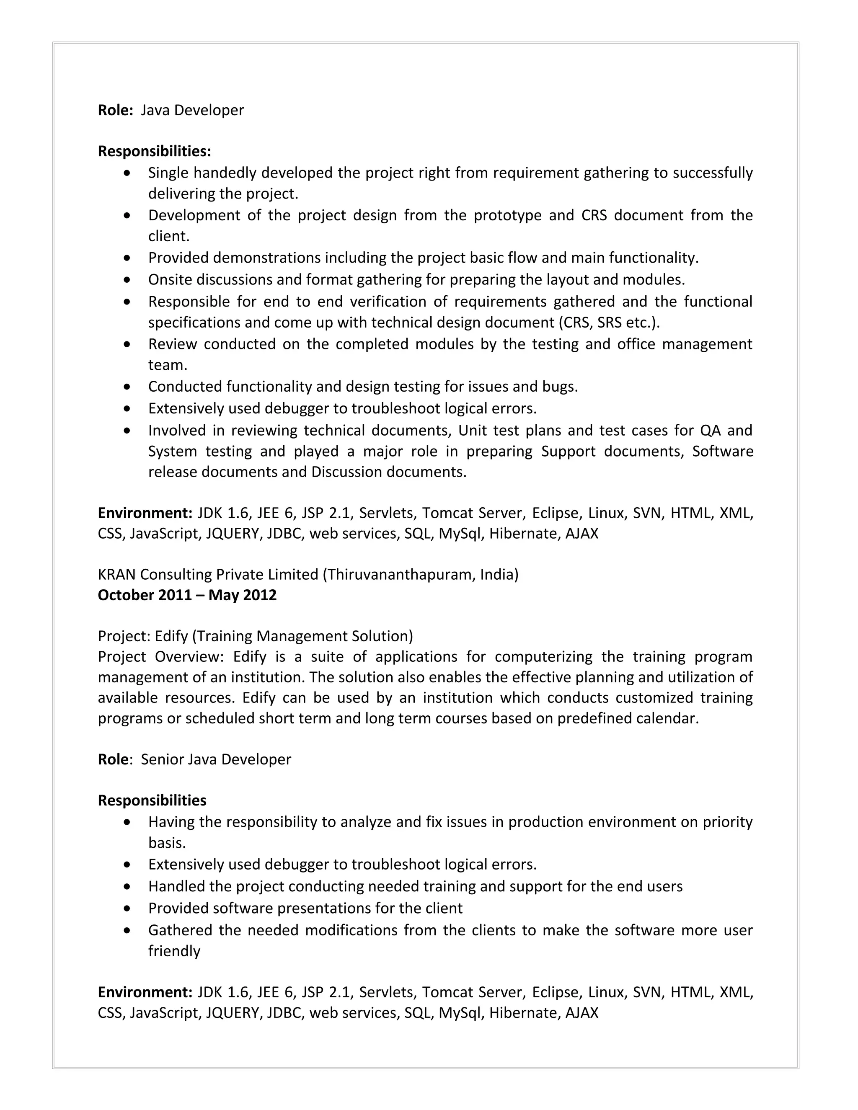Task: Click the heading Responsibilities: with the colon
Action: [154, 152]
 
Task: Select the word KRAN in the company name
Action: [117, 574]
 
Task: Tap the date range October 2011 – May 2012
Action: [187, 595]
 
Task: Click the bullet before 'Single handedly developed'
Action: [127, 173]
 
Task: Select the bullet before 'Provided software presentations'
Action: [127, 908]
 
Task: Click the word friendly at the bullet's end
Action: [174, 951]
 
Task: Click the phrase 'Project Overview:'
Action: [160, 657]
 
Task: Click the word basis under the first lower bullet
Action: [166, 843]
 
